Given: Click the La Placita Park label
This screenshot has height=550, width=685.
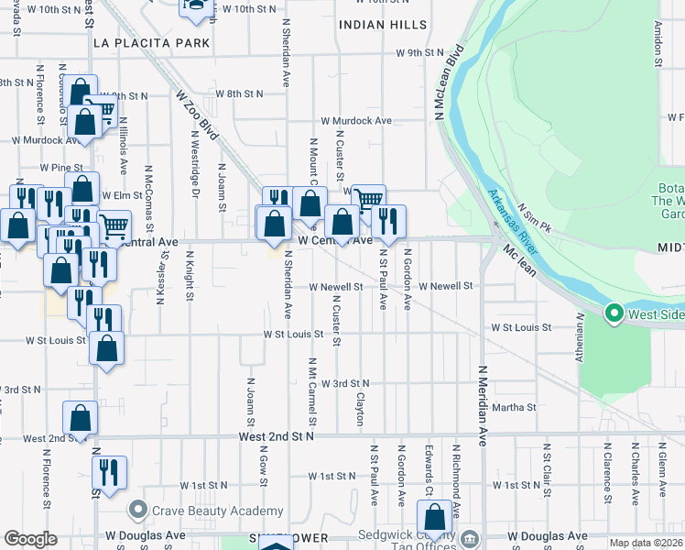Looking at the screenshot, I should [152, 42].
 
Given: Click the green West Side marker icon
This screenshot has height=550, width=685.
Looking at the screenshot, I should [614, 314].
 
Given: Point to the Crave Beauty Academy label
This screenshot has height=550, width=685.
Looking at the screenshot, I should [218, 510].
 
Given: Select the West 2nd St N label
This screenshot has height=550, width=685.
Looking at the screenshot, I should [275, 438].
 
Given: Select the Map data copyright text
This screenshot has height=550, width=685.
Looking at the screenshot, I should [646, 543].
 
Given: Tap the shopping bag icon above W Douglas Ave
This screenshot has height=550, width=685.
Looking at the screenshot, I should [432, 516].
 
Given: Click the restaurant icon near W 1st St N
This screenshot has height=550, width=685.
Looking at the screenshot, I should [107, 472].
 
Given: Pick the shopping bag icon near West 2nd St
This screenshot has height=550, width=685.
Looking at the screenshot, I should [80, 417].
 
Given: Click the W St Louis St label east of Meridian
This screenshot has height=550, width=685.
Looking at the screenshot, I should [521, 327].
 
